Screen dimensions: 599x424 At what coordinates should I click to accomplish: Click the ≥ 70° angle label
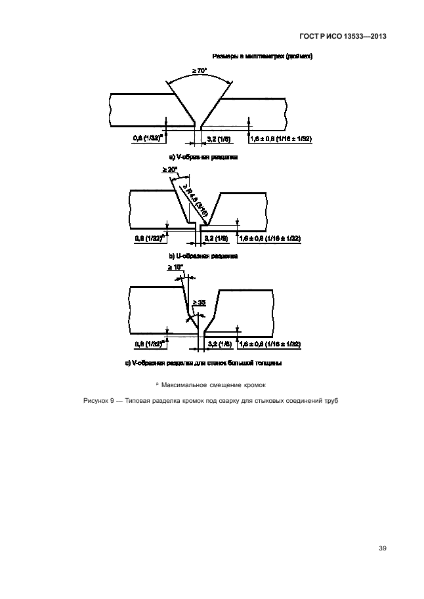click(x=200, y=71)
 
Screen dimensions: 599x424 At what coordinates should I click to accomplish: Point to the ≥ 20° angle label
click(x=170, y=170)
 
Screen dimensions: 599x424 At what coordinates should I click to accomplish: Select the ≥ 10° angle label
click(x=175, y=267)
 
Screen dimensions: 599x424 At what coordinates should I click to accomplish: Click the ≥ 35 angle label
click(x=199, y=302)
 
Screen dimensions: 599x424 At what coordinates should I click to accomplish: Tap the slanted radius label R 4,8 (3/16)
click(x=194, y=201)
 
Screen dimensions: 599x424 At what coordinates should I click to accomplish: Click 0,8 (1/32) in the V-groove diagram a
click(x=147, y=138)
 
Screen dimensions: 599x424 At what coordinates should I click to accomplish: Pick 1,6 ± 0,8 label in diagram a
click(x=281, y=138)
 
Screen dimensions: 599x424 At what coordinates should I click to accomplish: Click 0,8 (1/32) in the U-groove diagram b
click(x=148, y=238)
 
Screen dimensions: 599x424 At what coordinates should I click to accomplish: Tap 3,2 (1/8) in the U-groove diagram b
click(x=217, y=238)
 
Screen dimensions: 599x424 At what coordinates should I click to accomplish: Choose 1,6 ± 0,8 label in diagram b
click(x=270, y=238)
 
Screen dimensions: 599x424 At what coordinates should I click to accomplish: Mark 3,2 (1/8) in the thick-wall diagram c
click(x=219, y=344)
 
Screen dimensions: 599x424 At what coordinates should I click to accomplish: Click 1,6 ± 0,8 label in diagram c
click(x=270, y=344)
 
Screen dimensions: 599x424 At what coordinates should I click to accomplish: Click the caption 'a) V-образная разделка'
click(x=204, y=157)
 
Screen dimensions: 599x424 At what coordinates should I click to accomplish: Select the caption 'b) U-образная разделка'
click(x=204, y=257)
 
